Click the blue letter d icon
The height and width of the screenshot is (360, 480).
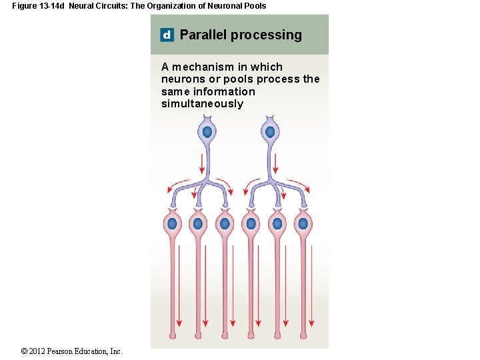click(167, 35)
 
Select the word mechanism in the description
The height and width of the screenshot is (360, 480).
click(201, 67)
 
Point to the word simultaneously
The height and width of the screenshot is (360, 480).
click(202, 104)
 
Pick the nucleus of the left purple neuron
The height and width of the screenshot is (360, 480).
click(207, 132)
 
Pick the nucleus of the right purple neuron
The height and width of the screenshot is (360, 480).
click(270, 132)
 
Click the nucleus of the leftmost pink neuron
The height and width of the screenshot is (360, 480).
click(173, 223)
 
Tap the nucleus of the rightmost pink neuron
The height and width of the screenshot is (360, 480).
click(303, 223)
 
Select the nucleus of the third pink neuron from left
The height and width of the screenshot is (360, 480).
click(225, 223)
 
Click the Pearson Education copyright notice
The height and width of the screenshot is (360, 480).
click(72, 351)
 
